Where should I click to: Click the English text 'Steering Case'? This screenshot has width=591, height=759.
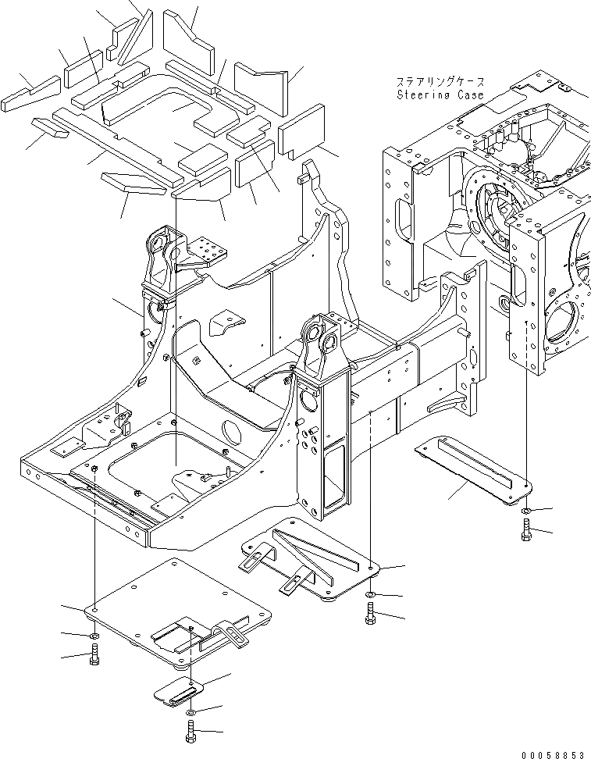click(440, 94)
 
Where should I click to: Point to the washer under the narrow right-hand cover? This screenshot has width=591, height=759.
click(525, 512)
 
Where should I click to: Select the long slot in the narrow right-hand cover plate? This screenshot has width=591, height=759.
click(473, 462)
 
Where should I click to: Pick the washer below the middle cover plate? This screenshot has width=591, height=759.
click(369, 597)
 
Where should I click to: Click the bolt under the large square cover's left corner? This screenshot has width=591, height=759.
click(94, 658)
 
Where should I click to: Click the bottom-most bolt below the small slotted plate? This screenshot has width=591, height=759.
click(190, 732)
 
